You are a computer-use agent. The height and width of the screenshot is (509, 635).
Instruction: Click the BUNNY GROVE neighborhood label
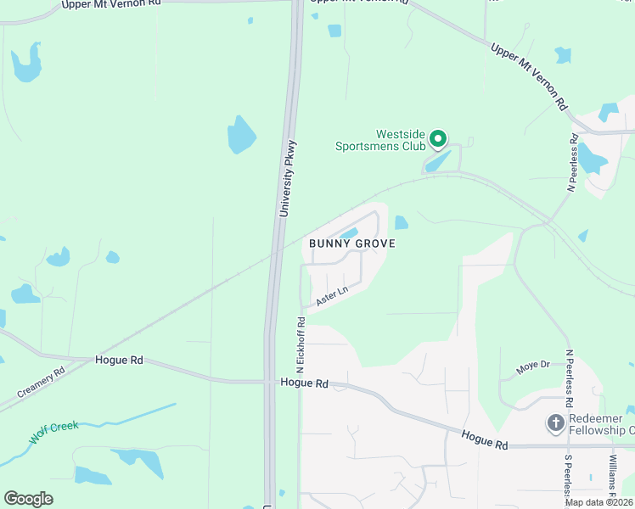tap(352, 243)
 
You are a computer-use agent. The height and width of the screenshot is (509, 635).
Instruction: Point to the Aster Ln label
tap(332, 296)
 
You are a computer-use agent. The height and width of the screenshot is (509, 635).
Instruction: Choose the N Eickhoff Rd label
tap(300, 346)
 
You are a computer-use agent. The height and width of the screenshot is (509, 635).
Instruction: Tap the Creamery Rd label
tap(41, 384)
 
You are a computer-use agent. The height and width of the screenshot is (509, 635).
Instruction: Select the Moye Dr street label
tap(533, 368)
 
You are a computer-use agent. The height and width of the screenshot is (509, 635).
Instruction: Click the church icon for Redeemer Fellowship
tap(556, 422)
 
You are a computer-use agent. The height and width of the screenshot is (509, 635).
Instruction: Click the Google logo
tap(28, 499)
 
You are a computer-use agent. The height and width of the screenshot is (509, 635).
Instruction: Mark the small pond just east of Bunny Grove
tap(401, 222)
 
